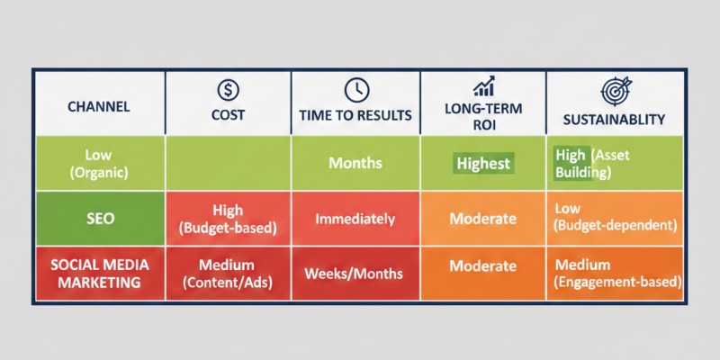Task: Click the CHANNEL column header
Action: point(98,106)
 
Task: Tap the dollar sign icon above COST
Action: point(228,89)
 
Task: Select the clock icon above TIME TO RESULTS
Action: point(356,89)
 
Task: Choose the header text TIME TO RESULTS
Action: point(355,117)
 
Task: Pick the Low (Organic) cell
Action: point(99,163)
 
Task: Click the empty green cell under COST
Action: point(228,163)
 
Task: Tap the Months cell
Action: point(355,164)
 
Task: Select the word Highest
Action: point(483,164)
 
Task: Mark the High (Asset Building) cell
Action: point(615,163)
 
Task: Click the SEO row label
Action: point(99,218)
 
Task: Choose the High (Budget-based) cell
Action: point(228,218)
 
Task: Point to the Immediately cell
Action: point(355,219)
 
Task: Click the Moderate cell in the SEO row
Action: point(483,219)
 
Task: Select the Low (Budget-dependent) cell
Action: point(615,218)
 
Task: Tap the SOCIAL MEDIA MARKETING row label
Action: point(99,274)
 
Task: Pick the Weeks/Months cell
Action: point(355,274)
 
